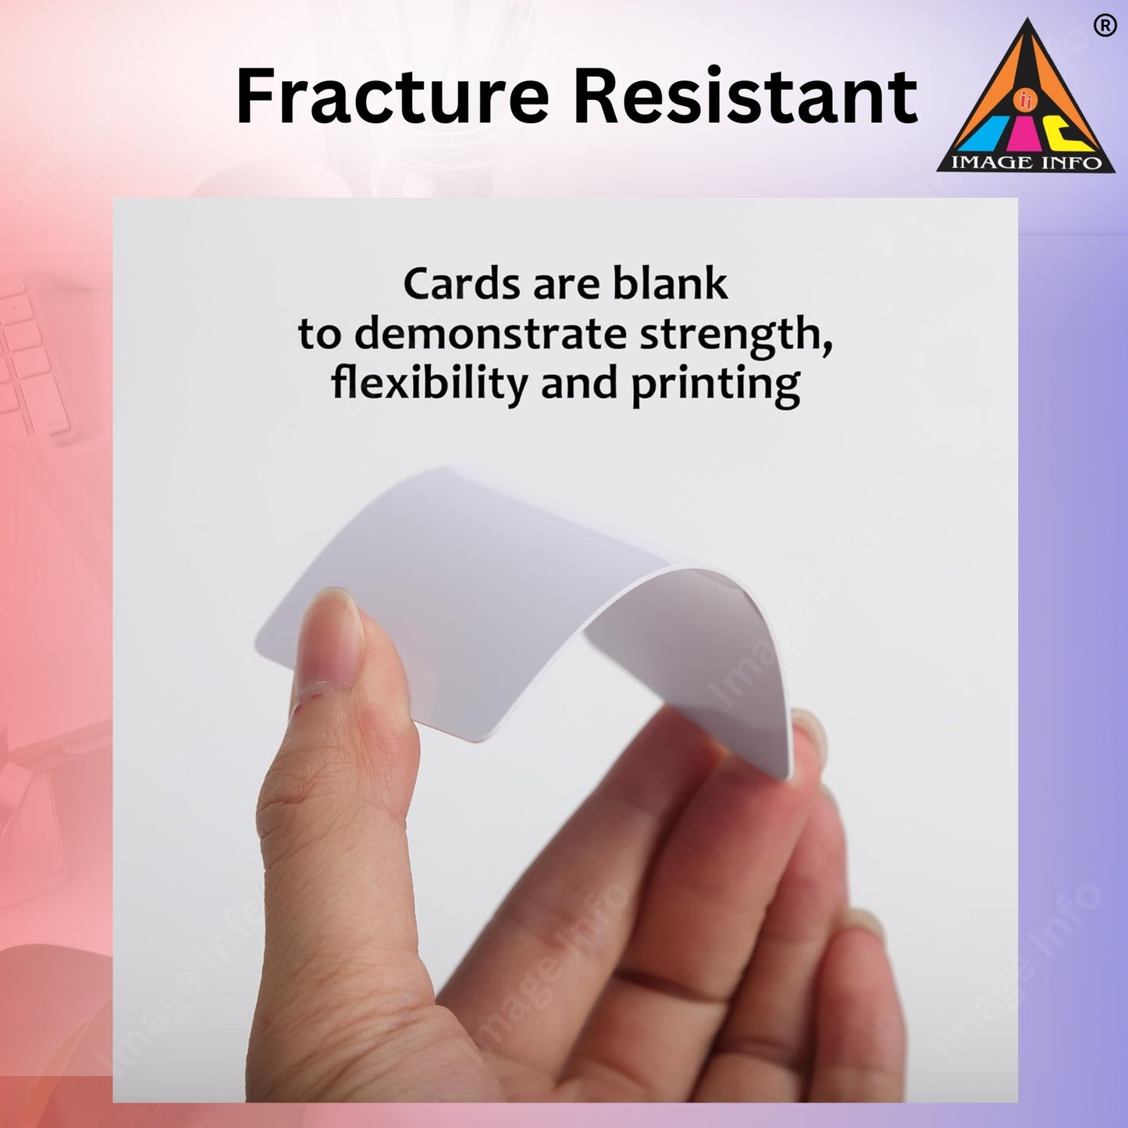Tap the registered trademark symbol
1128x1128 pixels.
[1104, 27]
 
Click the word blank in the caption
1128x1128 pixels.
[670, 284]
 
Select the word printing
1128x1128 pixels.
[715, 386]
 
